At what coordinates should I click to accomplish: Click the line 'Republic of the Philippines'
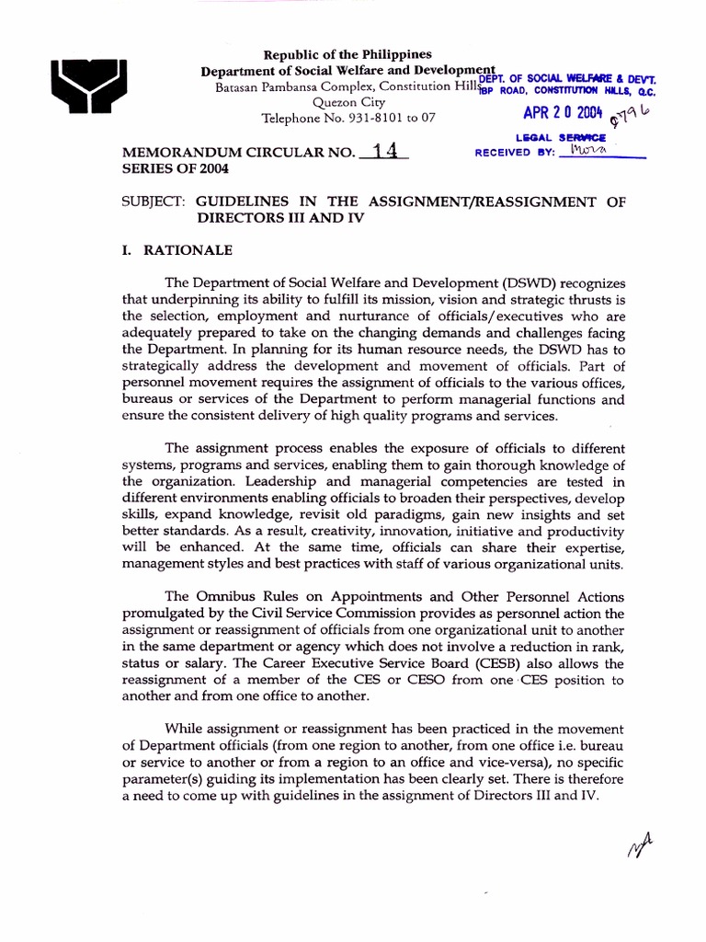[x=347, y=55]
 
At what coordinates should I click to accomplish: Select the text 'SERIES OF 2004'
[x=176, y=170]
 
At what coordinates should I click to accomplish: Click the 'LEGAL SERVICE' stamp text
[x=561, y=137]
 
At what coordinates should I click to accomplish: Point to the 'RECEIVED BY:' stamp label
[x=515, y=153]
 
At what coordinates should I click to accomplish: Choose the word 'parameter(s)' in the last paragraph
[x=162, y=780]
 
